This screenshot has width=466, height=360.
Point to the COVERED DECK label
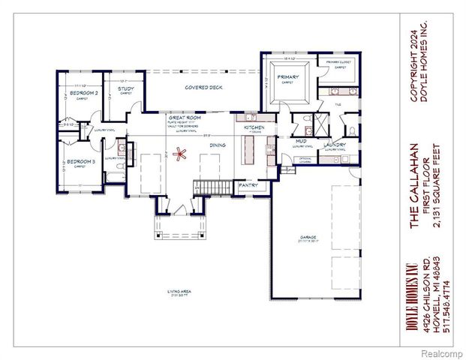203,87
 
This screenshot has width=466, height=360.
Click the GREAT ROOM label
182,118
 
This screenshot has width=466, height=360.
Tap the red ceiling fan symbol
179,156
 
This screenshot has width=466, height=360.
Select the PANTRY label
248,184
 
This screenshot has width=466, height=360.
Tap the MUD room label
300,140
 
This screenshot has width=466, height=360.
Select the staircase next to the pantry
205,186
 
